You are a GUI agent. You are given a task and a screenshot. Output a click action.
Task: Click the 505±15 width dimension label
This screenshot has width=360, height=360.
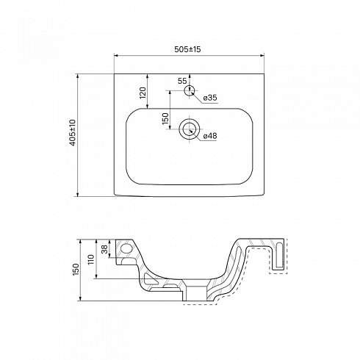187,49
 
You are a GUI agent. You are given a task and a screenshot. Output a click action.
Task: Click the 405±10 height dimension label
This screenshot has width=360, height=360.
73,133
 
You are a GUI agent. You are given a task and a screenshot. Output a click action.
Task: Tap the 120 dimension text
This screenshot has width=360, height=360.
143,93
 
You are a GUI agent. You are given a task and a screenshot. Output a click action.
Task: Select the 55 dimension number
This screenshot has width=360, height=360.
182,81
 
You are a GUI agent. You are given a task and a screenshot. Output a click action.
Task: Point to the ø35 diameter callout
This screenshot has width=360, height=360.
210,98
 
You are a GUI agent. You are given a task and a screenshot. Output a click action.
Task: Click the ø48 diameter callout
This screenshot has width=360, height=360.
210,135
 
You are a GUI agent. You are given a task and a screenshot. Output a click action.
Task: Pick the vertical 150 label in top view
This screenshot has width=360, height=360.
166,119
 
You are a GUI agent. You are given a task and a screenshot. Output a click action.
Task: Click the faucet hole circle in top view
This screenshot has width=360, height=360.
190,90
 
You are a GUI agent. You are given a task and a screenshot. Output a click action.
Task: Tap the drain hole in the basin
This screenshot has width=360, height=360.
190,129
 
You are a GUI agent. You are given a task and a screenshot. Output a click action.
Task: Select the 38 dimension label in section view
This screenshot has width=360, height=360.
104,249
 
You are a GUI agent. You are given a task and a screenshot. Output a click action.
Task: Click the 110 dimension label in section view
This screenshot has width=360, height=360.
91,259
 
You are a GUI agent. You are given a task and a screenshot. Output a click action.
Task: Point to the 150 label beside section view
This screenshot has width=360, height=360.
76,270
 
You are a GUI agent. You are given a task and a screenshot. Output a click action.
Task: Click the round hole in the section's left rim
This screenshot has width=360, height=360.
126,248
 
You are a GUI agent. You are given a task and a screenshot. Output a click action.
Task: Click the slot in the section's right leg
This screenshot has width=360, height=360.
279,255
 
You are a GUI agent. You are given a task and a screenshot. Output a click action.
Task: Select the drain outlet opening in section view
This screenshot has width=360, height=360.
197,293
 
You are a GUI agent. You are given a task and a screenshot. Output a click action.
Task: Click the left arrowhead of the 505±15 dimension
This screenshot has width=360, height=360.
116,56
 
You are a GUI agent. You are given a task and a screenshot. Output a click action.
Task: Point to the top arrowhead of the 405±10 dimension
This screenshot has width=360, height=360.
78,76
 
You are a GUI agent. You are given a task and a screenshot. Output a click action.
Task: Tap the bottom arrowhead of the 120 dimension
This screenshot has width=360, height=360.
148,107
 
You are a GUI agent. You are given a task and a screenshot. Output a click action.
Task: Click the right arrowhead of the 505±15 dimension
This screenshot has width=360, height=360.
262,56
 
